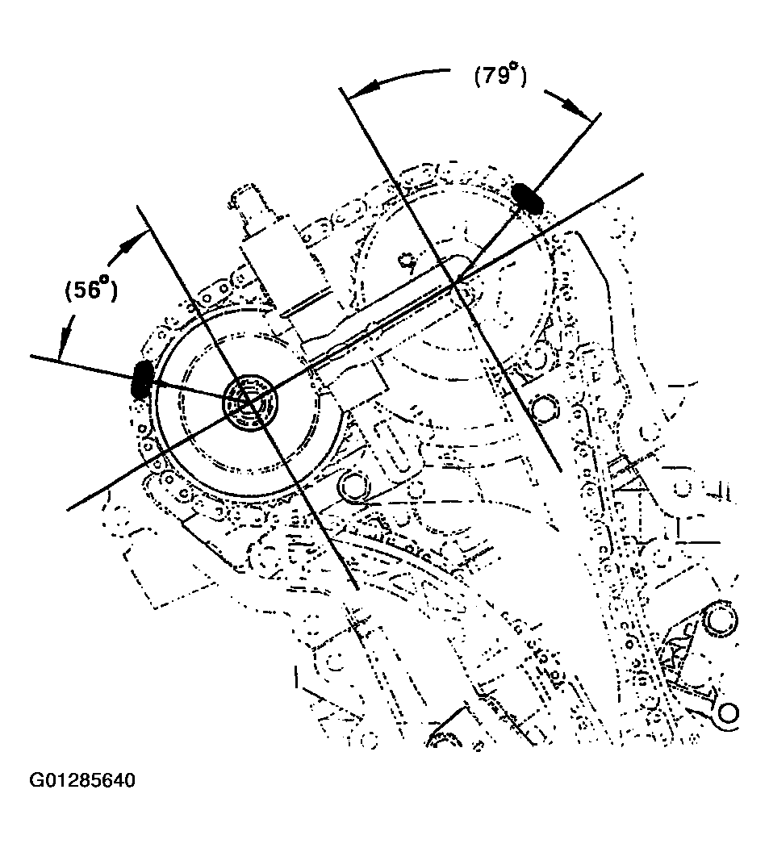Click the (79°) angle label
[x=498, y=77]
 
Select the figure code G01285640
[x=82, y=781]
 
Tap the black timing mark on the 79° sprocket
[x=528, y=195]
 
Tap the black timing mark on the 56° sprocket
[x=143, y=379]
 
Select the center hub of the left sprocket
[x=249, y=400]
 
